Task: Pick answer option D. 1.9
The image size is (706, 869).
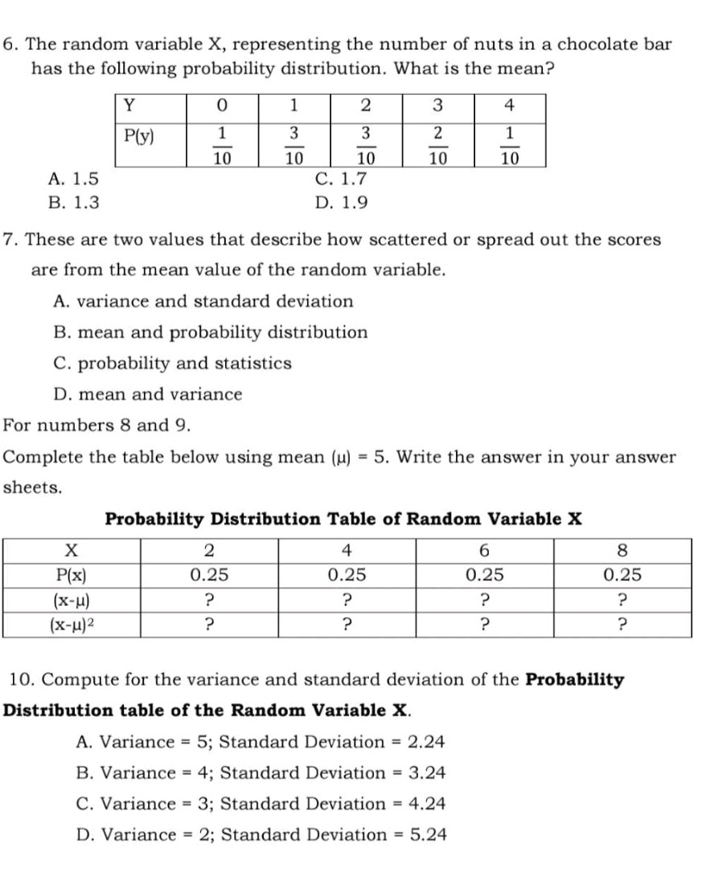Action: [336, 202]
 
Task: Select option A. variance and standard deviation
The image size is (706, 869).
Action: [203, 302]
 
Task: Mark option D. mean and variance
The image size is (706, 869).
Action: [147, 394]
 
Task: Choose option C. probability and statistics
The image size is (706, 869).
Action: [172, 363]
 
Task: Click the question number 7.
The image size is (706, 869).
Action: [8, 240]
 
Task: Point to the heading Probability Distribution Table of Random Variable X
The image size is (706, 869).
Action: [343, 518]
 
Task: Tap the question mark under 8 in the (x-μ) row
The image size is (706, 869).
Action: [622, 599]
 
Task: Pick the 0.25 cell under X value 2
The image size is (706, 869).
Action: [209, 576]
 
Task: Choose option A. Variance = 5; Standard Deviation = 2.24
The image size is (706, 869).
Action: [261, 741]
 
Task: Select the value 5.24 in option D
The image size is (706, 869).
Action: [428, 834]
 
